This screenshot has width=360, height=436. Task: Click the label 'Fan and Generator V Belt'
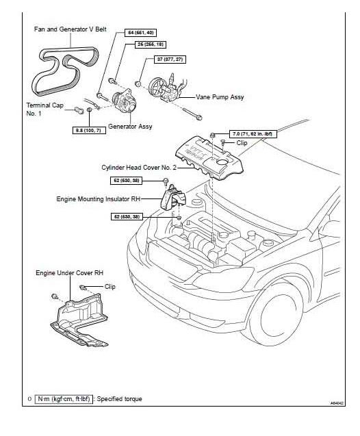[68, 29]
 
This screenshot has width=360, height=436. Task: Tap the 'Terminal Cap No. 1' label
[44, 110]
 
